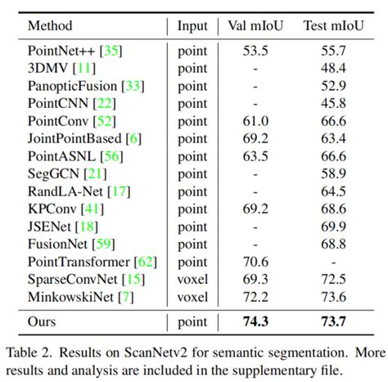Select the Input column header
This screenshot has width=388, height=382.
192,26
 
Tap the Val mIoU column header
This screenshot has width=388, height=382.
255,26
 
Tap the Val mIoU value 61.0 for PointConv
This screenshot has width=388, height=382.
255,121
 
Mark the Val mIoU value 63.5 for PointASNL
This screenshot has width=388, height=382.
255,155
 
